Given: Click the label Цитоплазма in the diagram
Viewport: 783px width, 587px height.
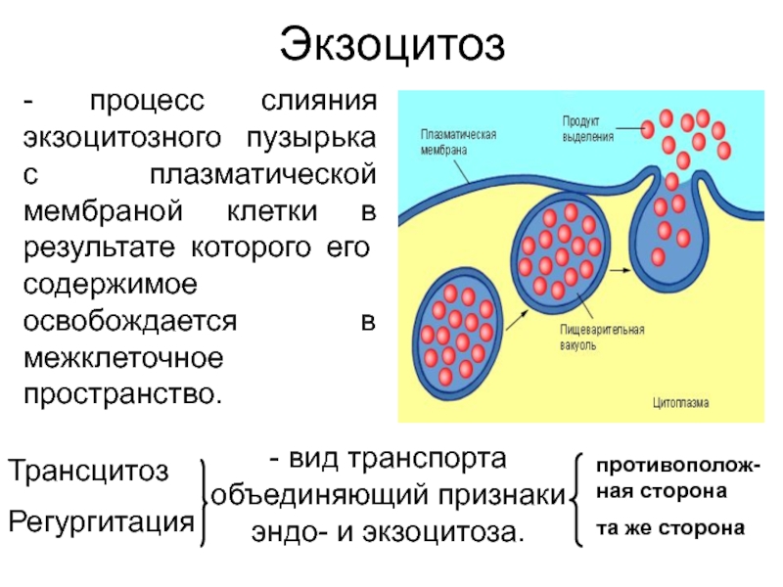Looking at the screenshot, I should click(x=681, y=402).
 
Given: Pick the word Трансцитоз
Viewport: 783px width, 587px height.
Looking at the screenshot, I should click(x=89, y=471).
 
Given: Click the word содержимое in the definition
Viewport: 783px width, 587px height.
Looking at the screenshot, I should click(x=111, y=285).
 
